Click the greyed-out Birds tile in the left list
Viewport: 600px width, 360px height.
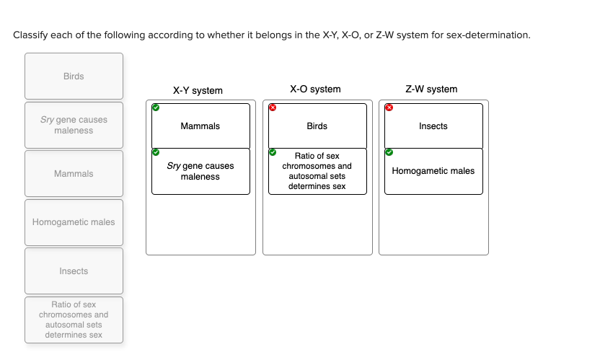click(74, 76)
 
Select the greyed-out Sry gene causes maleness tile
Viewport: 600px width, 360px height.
click(74, 125)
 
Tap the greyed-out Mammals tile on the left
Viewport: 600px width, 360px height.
click(74, 174)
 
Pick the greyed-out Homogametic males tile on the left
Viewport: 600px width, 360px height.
click(74, 222)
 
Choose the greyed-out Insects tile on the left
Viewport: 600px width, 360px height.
click(74, 271)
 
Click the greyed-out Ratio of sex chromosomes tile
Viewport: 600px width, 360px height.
click(74, 320)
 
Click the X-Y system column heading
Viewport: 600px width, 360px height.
click(198, 91)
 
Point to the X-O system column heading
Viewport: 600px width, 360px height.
click(315, 89)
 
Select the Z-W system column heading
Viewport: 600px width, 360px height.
click(431, 89)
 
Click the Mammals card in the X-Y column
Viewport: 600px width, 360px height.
click(200, 126)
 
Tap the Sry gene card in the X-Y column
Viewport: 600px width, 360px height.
click(200, 171)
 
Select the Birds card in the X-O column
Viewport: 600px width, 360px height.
click(317, 126)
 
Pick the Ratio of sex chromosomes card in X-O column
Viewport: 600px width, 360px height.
click(317, 171)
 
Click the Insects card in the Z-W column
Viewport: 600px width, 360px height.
click(433, 126)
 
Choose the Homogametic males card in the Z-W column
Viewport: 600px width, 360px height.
click(433, 171)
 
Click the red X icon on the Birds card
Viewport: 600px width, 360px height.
click(273, 108)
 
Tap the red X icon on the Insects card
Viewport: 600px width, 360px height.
click(389, 108)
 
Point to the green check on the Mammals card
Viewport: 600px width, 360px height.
click(156, 108)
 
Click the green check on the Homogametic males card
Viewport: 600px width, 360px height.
click(389, 153)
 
